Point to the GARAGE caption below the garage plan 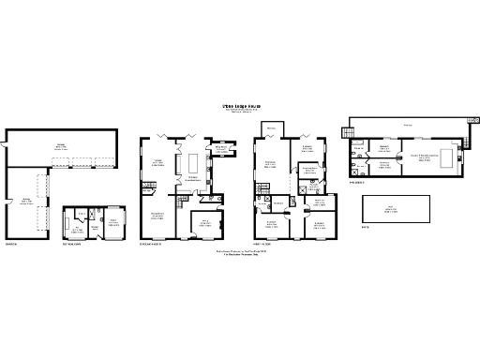(12, 246)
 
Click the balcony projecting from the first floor (270, 129)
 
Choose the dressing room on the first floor (309, 170)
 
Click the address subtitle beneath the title (240, 113)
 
